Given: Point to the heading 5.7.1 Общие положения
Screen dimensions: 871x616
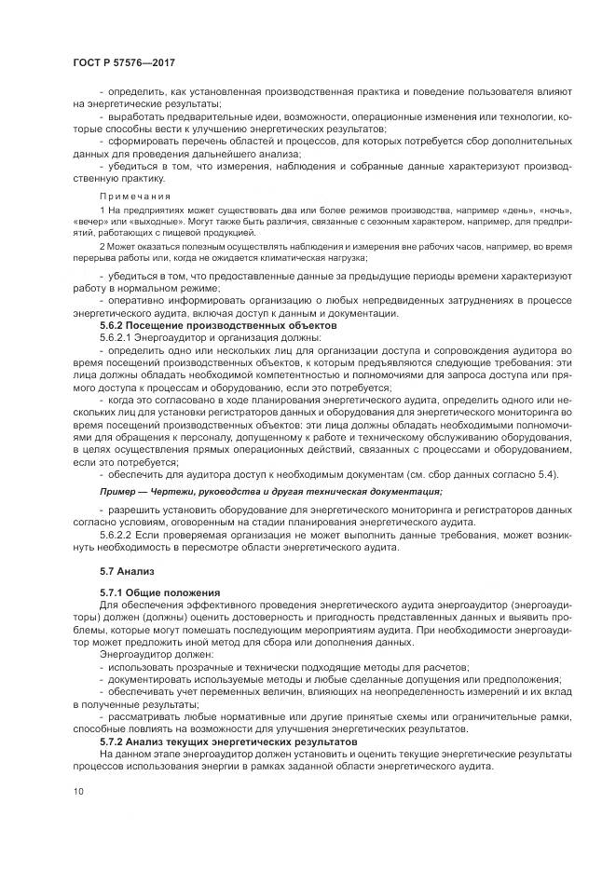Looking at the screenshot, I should [x=159, y=592].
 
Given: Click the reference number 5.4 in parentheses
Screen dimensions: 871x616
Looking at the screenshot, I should [x=544, y=474].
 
